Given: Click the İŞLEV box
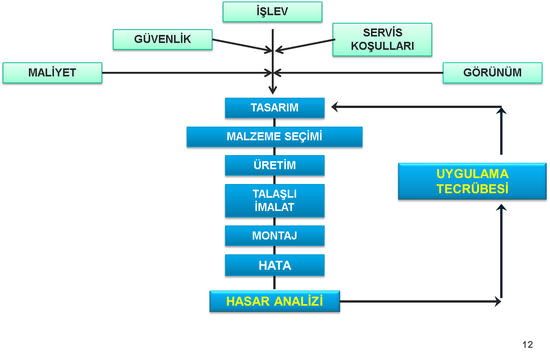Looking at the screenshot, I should pos(272,12).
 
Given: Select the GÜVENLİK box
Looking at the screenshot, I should pos(162,40).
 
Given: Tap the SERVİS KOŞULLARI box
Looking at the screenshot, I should pos(382,40).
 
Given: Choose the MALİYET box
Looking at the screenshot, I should pos(52,73).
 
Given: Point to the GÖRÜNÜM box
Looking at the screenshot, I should pos(492,73).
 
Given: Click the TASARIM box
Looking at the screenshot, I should pos(274,108).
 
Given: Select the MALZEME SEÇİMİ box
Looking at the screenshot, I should pos(274,137).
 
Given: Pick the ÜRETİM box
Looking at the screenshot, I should pos(274,165).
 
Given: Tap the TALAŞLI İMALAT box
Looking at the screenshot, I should pos(274,201).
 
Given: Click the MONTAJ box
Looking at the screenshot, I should pos(274,236).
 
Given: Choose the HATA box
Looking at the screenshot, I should pos(274,265).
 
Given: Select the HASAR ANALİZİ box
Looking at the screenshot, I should pos(274,301).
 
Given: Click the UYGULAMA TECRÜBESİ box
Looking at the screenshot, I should pos(472,181).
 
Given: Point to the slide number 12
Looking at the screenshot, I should pos(528,345).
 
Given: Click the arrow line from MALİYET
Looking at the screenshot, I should pos(182,73).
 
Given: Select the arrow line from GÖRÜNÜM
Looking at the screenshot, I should pos(361,73).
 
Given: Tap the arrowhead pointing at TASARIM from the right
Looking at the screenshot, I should pos(334,107).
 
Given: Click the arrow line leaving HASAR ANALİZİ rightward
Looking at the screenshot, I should pos(418,301).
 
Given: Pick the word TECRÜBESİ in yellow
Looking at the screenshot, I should pos(472,189).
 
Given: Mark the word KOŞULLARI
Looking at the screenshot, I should pos(382,46).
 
